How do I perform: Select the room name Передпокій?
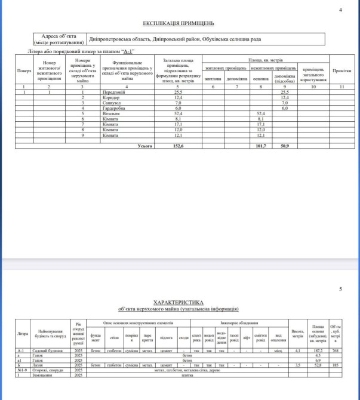114,91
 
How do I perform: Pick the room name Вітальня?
111,113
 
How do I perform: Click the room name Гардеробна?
113,108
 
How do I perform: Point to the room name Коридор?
111,97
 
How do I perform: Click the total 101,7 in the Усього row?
260,146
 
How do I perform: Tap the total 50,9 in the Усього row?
285,146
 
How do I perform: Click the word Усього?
145,146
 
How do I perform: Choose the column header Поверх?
24,70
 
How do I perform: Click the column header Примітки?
341,70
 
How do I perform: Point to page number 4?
340,10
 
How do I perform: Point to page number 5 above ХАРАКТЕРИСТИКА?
340,290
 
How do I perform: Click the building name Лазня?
38,364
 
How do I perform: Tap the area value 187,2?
318,350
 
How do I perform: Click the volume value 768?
336,350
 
